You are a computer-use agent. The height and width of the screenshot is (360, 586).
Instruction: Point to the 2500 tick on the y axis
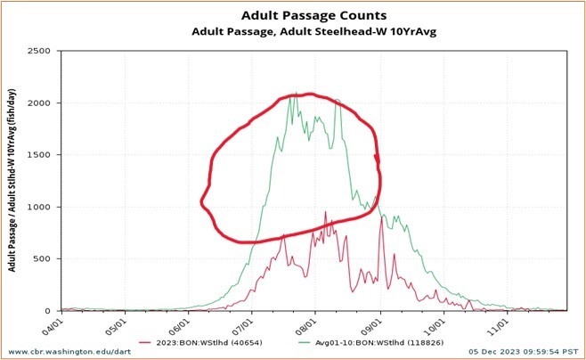(x=37, y=51)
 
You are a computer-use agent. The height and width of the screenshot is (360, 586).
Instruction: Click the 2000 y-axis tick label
(x=37, y=103)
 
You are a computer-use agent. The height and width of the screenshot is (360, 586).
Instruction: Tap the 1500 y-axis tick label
(x=37, y=155)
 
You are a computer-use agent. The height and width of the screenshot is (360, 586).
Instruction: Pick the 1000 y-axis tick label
(x=37, y=207)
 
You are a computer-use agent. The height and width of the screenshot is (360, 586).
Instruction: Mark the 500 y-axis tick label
(x=40, y=258)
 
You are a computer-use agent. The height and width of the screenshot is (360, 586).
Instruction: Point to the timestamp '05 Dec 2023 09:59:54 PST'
(x=515, y=352)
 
